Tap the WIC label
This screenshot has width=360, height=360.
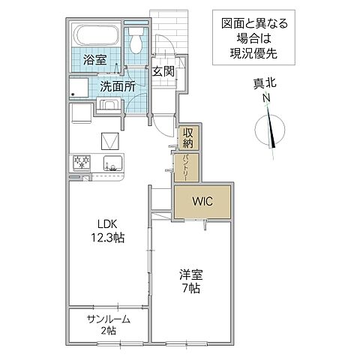coord(202,202)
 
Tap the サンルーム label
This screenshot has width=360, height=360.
coord(108,319)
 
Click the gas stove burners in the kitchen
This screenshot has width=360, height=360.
coord(81,162)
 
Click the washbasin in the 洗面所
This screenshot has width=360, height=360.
coord(108,106)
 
